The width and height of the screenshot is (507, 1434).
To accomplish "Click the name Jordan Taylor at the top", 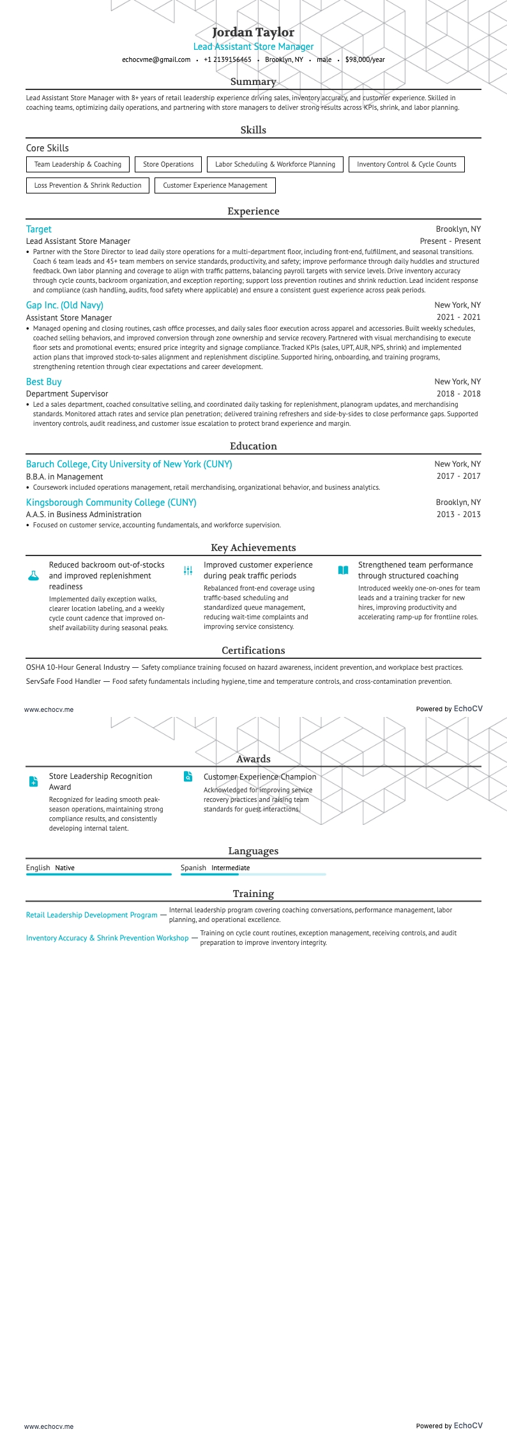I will (x=253, y=32).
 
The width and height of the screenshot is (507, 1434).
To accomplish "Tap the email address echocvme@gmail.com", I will (x=156, y=59).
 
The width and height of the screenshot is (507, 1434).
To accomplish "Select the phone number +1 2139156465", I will (x=227, y=59).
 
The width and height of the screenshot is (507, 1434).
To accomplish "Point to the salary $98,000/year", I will (x=365, y=59).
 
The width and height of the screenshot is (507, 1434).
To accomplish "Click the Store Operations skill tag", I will (x=168, y=164).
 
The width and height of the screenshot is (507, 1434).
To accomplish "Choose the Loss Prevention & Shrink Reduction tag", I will (x=87, y=185).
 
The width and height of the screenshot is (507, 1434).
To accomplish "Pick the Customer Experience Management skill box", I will (x=215, y=185).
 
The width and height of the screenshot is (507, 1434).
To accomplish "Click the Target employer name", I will (x=38, y=229).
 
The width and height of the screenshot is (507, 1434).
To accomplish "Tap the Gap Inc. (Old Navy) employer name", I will (x=64, y=305).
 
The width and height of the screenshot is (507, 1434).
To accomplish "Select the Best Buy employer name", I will (x=43, y=382).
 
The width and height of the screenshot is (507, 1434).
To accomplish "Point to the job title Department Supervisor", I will (x=67, y=394).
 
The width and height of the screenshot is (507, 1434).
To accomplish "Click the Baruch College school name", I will (x=129, y=464).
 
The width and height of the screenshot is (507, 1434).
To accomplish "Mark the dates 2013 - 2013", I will (x=458, y=515).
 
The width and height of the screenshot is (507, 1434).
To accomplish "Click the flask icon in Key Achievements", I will (x=33, y=575).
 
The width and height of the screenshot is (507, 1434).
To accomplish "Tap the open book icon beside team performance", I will (x=343, y=570).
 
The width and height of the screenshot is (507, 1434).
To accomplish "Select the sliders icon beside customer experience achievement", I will (x=188, y=570).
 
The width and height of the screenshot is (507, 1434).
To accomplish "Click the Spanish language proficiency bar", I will (x=253, y=874).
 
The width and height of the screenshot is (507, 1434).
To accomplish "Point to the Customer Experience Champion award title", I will (x=260, y=777).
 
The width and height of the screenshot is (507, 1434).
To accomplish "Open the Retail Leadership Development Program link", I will (x=91, y=915).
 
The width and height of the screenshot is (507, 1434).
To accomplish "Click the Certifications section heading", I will (x=253, y=650).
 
